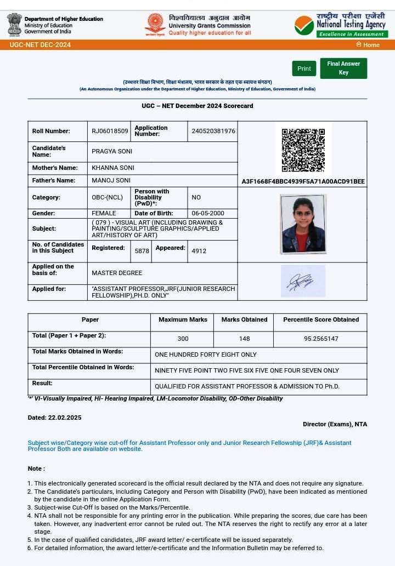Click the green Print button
pos(304,68)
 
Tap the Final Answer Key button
pos(343,68)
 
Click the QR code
pos(303,150)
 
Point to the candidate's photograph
pos(303,224)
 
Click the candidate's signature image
pos(303,281)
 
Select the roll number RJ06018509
pos(110,132)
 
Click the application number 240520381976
pos(213,132)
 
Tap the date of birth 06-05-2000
pos(207,213)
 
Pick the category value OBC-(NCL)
pos(107,197)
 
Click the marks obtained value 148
pos(244,339)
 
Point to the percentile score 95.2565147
pos(321,339)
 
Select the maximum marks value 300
pos(183,339)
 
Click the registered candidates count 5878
pos(142,251)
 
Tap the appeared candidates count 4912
pos(199,251)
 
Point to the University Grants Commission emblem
pos(155,25)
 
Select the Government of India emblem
pos(14,25)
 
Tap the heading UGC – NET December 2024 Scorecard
pos(198,106)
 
